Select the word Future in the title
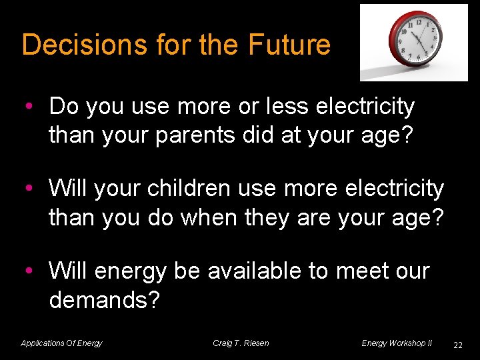pos(289,45)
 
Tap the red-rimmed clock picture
pos(415,41)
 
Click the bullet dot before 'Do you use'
pos(29,107)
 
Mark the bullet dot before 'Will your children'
pos(29,189)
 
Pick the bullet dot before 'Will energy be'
pos(29,272)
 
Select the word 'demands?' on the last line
pos(104,299)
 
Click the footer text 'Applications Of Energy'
pos(61,343)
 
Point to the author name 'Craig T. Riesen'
pos(241,343)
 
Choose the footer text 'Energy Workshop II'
pos(397,343)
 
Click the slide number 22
pos(457,345)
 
